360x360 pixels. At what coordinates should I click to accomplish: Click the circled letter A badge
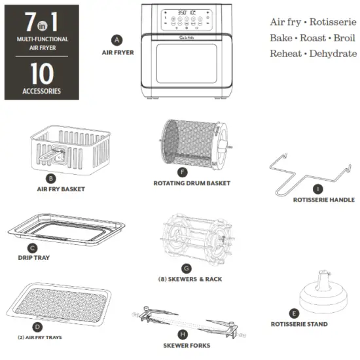click(x=117, y=39)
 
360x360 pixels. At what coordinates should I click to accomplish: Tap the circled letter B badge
click(x=51, y=177)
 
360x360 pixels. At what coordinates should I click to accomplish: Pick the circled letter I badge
click(x=316, y=189)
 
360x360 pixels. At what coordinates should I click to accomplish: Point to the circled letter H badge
click(x=184, y=334)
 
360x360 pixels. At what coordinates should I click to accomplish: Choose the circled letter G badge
click(x=187, y=268)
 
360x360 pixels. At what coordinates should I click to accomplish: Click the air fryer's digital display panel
click(x=183, y=20)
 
